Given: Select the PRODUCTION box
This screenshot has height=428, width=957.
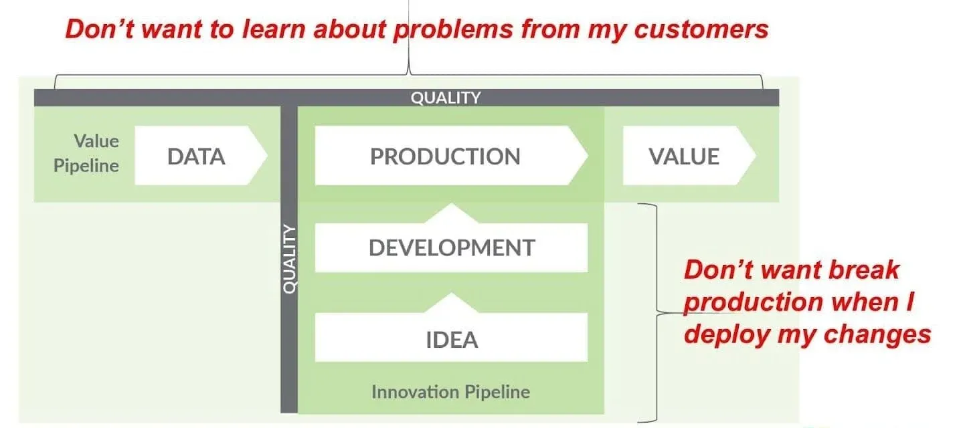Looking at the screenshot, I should (446, 156).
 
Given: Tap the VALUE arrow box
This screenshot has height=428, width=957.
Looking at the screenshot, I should (685, 156).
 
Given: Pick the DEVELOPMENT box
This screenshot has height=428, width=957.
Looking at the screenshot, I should (451, 247).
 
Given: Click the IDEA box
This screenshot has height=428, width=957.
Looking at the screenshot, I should (451, 339).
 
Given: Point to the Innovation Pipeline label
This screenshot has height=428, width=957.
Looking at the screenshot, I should (450, 391).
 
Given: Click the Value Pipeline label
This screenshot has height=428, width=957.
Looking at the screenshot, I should (87, 153).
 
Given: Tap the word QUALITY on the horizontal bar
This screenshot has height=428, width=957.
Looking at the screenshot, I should (445, 98).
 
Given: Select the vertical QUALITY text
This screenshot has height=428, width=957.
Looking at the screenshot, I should (289, 260).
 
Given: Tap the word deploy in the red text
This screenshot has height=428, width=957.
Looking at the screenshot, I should (725, 333).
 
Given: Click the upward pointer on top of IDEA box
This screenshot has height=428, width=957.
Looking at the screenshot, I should (451, 302).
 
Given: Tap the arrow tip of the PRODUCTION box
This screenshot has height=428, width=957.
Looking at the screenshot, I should (581, 156).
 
